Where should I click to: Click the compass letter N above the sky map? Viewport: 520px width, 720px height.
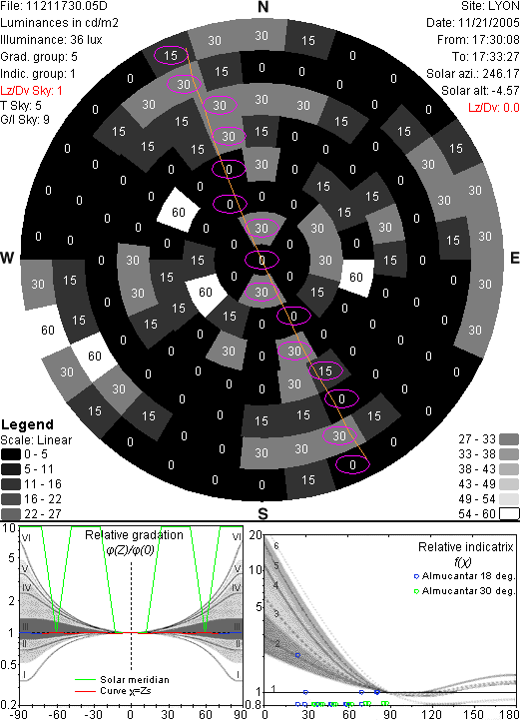[x=262, y=7]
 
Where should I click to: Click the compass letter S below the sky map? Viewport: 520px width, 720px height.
[x=262, y=513]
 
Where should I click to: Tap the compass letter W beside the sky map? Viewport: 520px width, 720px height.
[x=7, y=258]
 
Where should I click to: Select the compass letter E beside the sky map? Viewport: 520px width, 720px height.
[x=514, y=258]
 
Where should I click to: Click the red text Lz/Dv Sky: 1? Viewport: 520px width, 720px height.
[x=31, y=91]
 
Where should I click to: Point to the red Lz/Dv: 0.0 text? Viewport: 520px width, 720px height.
[x=494, y=108]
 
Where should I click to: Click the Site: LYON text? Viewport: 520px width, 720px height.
[x=490, y=6]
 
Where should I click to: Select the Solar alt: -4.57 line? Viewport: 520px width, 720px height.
[x=480, y=91]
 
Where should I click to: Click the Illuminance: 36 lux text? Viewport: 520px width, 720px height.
[x=51, y=40]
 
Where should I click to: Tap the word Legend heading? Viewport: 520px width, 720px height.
[x=28, y=424]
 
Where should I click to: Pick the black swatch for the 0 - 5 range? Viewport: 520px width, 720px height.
[x=11, y=454]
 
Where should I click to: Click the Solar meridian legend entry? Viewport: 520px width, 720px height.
[x=122, y=680]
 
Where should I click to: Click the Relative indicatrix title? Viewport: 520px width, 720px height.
[x=466, y=547]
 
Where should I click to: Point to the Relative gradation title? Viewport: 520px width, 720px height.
[x=134, y=535]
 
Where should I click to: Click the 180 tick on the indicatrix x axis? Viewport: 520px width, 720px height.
[x=509, y=714]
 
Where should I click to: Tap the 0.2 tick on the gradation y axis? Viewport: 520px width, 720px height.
[x=9, y=705]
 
